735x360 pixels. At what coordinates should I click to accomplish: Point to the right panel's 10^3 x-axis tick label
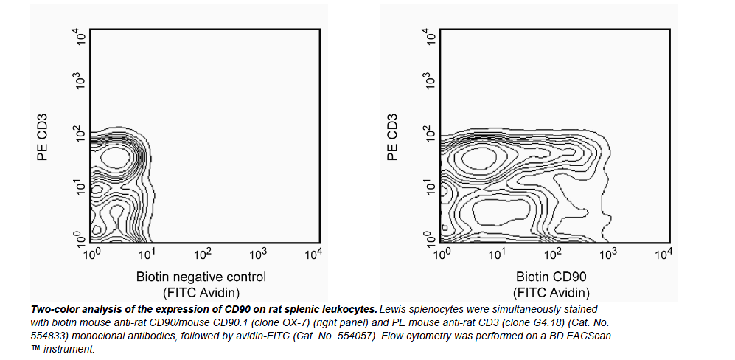pyautogui.click(x=608, y=254)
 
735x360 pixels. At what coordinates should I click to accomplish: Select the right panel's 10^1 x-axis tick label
pyautogui.click(x=498, y=254)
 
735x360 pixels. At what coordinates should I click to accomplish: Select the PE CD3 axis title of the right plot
pyautogui.click(x=393, y=136)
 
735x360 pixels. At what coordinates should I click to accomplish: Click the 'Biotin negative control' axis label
pyautogui.click(x=201, y=277)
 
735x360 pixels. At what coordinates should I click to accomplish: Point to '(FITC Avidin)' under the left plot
pyautogui.click(x=201, y=292)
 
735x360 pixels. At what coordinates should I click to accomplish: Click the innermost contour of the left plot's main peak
pyautogui.click(x=116, y=156)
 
